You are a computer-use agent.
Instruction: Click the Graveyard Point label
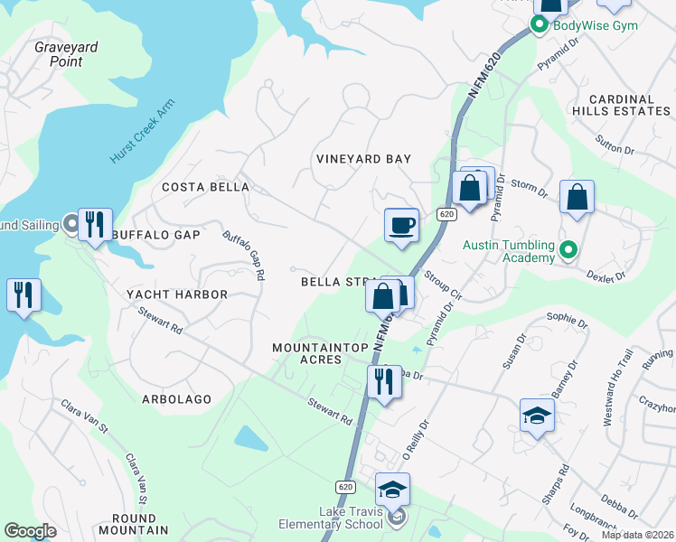pyautogui.click(x=65, y=54)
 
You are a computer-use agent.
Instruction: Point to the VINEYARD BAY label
pyautogui.click(x=363, y=159)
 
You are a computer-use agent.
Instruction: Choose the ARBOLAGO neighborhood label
pyautogui.click(x=176, y=398)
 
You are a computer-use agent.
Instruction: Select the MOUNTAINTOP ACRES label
pyautogui.click(x=308, y=353)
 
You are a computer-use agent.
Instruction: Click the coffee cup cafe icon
pyautogui.click(x=401, y=225)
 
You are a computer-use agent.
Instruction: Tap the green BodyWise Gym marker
pyautogui.click(x=540, y=25)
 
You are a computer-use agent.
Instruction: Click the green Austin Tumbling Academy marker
pyautogui.click(x=568, y=249)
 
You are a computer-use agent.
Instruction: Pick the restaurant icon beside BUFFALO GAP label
pyautogui.click(x=95, y=224)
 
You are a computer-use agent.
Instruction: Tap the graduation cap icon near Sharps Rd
pyautogui.click(x=537, y=416)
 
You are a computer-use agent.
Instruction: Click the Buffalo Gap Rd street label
pyautogui.click(x=244, y=254)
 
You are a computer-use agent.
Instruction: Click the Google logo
pyautogui.click(x=30, y=531)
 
